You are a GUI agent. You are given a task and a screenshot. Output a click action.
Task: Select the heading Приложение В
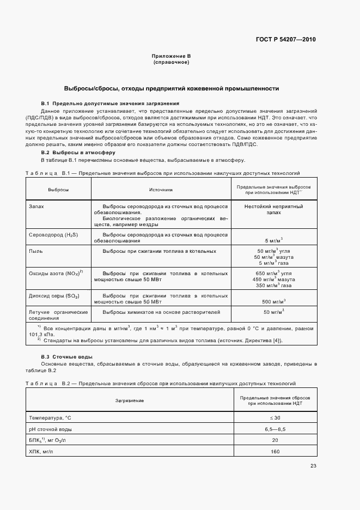click(x=171, y=56)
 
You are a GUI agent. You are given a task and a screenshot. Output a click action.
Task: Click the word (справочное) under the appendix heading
click(x=171, y=63)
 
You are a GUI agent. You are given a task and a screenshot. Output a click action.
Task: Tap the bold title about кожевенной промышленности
click(x=172, y=88)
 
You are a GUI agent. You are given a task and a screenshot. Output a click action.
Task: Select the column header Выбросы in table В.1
click(x=58, y=190)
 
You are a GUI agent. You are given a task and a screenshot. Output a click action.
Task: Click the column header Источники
click(x=161, y=190)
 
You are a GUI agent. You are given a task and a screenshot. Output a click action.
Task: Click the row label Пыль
click(x=36, y=251)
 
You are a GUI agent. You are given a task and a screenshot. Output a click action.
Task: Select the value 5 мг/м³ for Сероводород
click(x=273, y=240)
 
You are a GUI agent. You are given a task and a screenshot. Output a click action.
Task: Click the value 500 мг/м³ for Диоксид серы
click(x=273, y=301)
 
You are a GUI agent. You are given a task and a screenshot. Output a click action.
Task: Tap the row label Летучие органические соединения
click(x=58, y=315)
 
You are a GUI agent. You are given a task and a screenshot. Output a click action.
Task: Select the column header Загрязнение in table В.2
click(x=130, y=400)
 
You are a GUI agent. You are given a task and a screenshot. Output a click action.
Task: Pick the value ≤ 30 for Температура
click(x=274, y=417)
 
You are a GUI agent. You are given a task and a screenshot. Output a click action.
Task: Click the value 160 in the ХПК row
click(x=274, y=452)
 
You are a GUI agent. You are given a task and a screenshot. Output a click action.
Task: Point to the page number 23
click(x=313, y=466)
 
